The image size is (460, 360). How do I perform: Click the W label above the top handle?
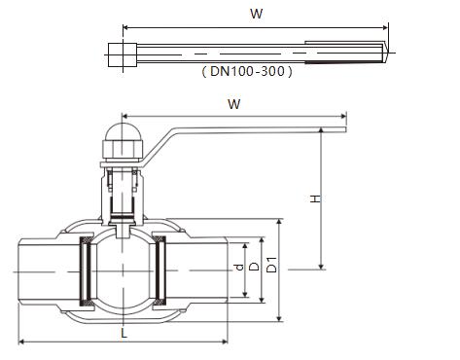(256, 14)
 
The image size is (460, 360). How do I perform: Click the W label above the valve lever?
(234, 104)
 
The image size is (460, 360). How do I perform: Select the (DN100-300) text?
(247, 71)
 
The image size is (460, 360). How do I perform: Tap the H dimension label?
(315, 198)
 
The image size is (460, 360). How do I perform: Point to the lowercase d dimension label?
(239, 268)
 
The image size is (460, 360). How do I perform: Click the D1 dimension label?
(271, 265)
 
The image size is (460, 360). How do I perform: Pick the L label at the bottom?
(124, 333)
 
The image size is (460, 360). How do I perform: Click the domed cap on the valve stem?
(123, 132)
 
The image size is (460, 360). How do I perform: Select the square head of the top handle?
(123, 54)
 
